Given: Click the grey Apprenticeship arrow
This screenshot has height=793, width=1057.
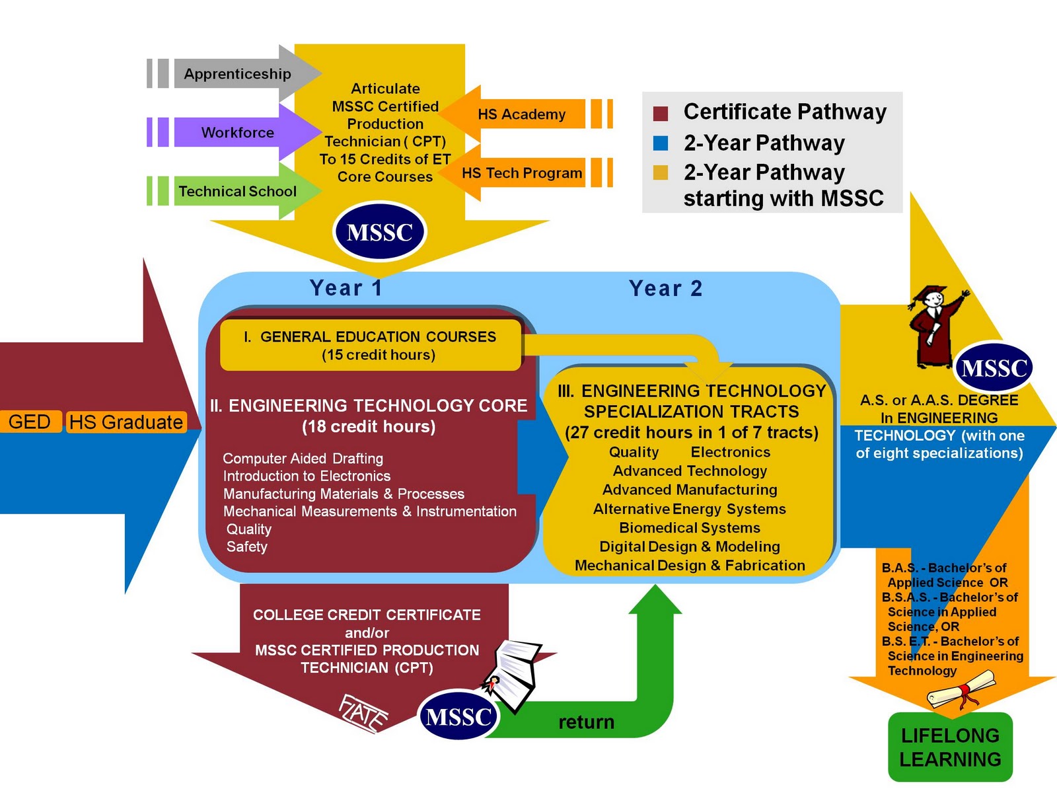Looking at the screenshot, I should point(237,73).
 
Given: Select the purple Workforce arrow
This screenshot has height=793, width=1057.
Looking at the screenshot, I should point(237,132).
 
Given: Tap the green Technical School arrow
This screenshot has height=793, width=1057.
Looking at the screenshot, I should point(237,191).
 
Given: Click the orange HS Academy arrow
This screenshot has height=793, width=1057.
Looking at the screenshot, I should point(521,114).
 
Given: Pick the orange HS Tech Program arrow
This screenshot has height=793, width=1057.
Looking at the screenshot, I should point(521,173).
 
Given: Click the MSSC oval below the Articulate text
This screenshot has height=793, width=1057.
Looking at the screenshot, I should point(380,232).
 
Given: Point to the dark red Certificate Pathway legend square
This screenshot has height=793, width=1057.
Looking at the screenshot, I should point(661,113).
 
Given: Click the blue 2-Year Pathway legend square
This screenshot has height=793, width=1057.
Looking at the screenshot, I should point(661,143).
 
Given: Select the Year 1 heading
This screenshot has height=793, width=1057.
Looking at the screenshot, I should point(346,288).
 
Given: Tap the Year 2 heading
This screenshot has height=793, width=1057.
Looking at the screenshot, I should point(665,288).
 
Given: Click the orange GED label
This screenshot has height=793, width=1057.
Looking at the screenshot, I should point(30,422).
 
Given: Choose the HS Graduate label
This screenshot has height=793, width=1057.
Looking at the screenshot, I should point(126,422).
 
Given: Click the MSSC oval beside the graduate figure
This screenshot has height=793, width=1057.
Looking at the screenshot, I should point(994,367).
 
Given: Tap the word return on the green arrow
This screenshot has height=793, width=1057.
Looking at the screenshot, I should point(586,722).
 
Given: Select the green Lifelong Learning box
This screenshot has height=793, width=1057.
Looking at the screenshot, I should point(950,747).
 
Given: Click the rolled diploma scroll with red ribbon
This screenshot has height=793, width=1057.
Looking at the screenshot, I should point(962,690).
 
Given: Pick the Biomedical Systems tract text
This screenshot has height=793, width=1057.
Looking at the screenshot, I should point(690,528).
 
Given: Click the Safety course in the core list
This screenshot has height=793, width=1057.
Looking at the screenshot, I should point(247,547).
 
